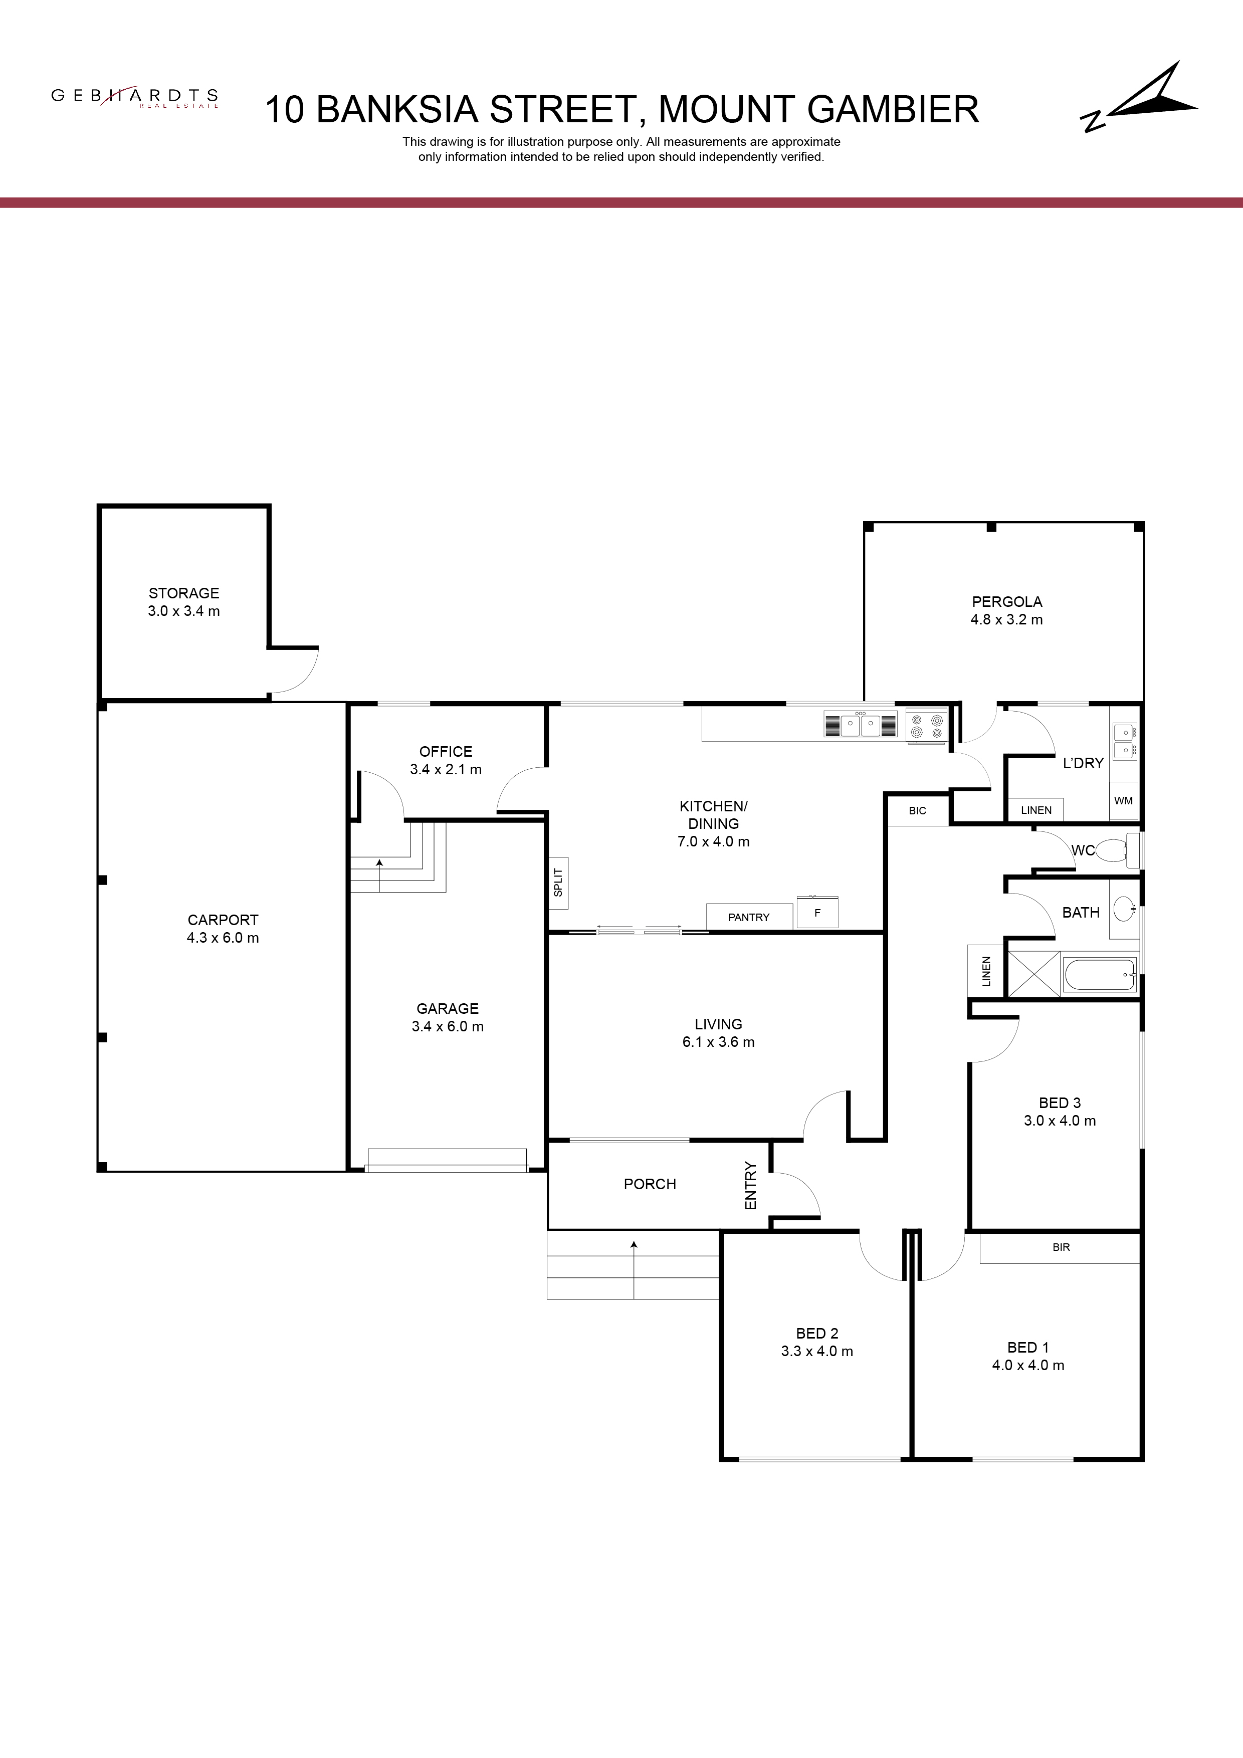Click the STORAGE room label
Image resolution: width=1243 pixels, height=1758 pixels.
click(x=184, y=593)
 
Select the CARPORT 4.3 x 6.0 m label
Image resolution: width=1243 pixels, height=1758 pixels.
click(x=223, y=929)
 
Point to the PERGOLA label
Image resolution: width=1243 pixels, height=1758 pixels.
click(x=1006, y=602)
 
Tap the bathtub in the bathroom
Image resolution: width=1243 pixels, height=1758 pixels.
click(x=1100, y=975)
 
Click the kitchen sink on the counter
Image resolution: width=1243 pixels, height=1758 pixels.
click(x=860, y=724)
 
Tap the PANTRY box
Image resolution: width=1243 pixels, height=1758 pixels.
click(x=749, y=917)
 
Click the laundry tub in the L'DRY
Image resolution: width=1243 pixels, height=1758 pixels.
click(x=1124, y=742)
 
